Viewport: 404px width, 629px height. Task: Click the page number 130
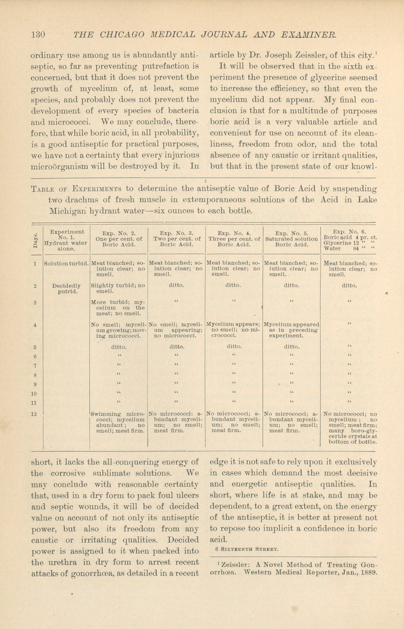(x=38, y=34)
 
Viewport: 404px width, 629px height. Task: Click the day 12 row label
(x=35, y=414)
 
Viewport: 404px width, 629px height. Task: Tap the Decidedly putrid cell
(x=66, y=289)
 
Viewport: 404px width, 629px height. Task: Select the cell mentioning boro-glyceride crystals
(x=350, y=428)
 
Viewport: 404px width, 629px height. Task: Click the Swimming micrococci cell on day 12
(x=119, y=421)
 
